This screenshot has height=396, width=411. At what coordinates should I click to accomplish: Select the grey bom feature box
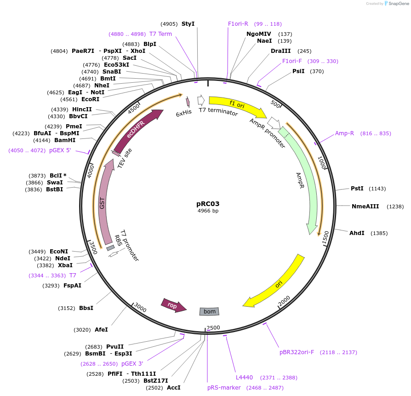pyautogui.click(x=209, y=311)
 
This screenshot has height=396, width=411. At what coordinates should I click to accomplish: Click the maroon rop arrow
pyautogui.click(x=173, y=304)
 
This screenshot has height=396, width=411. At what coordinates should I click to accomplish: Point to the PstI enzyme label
pyautogui.click(x=357, y=189)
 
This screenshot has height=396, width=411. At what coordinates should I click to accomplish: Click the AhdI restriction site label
pyautogui.click(x=357, y=233)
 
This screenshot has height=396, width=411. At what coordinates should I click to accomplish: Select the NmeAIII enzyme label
pyautogui.click(x=365, y=207)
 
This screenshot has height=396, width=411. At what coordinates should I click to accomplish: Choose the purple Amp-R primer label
pyautogui.click(x=344, y=133)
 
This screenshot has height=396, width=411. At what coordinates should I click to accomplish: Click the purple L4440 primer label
pyautogui.click(x=244, y=378)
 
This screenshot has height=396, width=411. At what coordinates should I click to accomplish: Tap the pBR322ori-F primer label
pyautogui.click(x=297, y=352)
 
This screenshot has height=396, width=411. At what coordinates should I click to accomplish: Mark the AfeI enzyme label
pyautogui.click(x=101, y=330)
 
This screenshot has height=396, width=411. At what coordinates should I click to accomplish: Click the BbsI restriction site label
pyautogui.click(x=86, y=308)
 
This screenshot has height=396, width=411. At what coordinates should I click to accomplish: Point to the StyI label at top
pyautogui.click(x=188, y=24)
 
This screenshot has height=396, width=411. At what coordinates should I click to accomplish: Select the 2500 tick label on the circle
pyautogui.click(x=214, y=327)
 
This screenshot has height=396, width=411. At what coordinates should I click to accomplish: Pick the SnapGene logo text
pyautogui.click(x=398, y=4)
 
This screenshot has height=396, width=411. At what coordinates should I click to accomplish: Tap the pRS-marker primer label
pyautogui.click(x=224, y=388)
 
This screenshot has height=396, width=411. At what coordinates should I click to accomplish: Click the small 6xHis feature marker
pyautogui.click(x=188, y=102)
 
